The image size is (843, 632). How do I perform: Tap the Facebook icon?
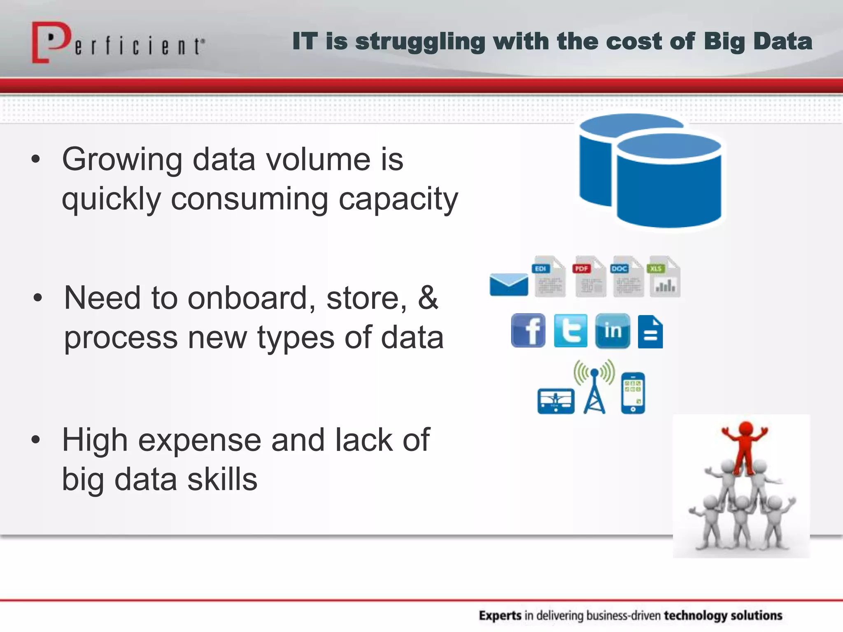528,331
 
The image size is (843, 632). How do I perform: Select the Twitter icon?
571,331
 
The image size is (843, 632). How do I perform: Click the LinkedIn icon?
612,331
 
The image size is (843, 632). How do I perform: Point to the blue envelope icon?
509,284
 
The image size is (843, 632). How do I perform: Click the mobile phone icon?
633,393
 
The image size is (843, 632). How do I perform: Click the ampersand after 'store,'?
428,297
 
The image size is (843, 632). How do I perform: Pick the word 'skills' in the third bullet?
222,480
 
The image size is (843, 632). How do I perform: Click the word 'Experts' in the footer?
500,616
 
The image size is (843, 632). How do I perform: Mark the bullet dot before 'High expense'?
36,440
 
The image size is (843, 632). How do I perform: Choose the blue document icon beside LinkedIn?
650,332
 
